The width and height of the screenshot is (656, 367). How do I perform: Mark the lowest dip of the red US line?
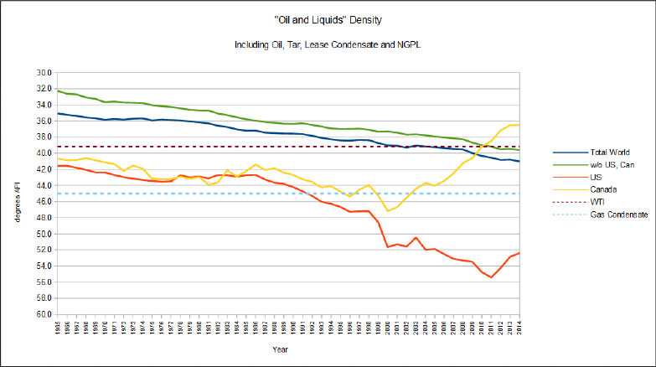(492, 277)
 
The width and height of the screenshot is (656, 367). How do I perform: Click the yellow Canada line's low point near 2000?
(388, 211)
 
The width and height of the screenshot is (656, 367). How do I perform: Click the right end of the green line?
(519, 150)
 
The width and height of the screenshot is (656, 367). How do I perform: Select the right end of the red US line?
(519, 253)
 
